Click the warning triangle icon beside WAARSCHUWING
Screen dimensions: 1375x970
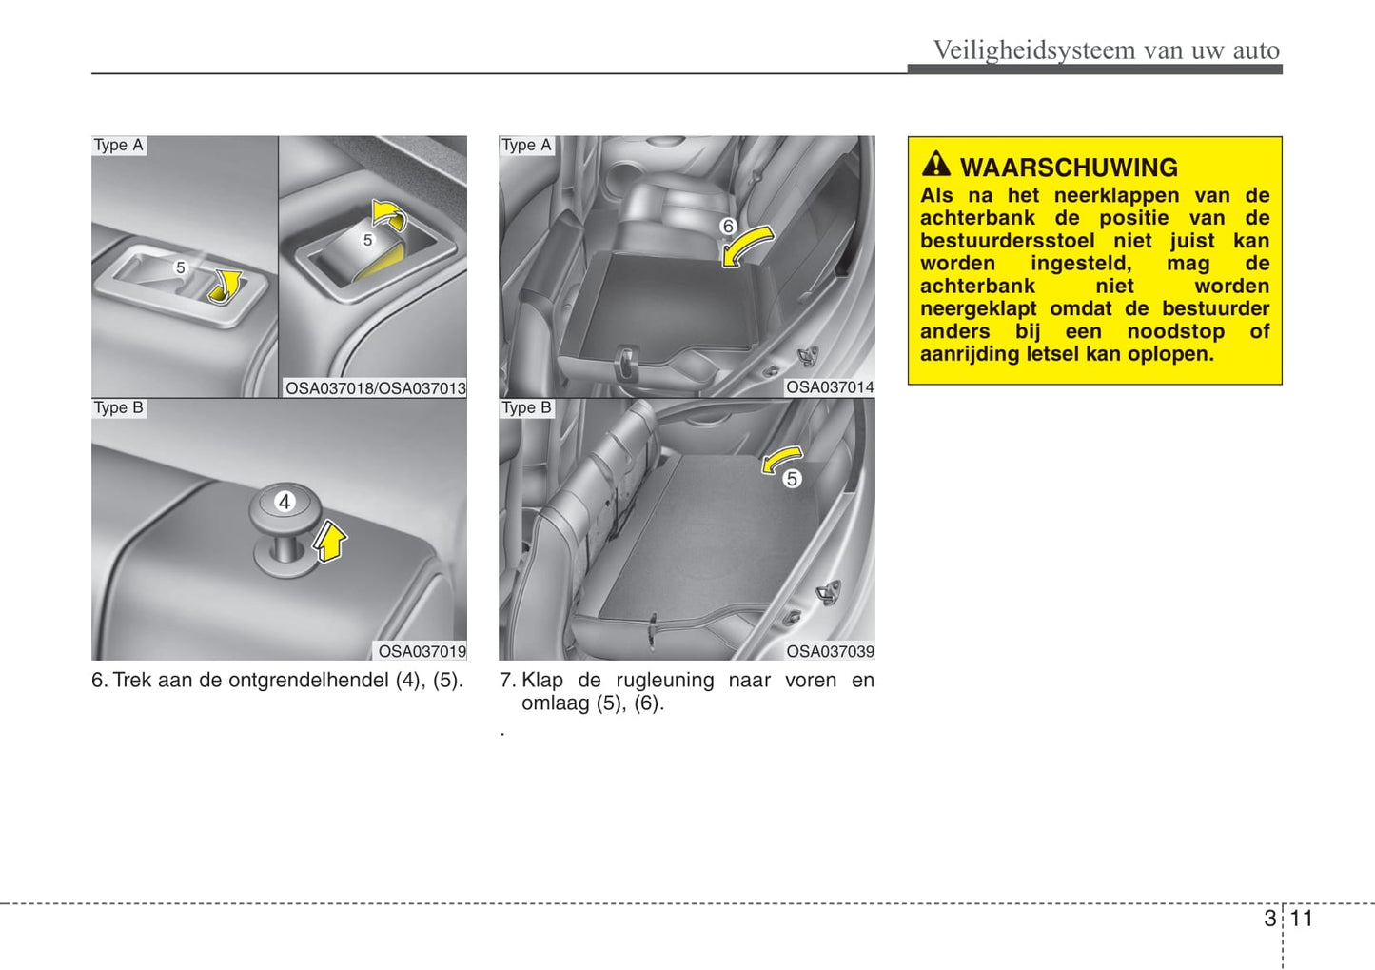tap(935, 164)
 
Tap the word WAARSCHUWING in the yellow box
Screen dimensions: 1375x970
tap(1069, 168)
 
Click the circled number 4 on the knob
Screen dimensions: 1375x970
tap(285, 502)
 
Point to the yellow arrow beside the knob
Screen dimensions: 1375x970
tap(329, 541)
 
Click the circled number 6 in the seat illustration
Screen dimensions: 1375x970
tap(727, 227)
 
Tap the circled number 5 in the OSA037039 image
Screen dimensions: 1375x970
tap(792, 478)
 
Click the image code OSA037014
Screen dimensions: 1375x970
tap(830, 387)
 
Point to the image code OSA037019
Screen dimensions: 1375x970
tap(422, 651)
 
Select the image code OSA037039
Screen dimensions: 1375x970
tap(830, 651)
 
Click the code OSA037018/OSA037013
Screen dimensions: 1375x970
tap(376, 388)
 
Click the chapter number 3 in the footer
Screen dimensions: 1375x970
tap(1270, 919)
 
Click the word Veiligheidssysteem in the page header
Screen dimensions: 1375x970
tap(1034, 49)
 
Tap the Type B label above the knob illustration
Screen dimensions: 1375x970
tap(119, 407)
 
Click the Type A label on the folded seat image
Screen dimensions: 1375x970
tap(526, 145)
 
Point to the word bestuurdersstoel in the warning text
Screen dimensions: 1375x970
tap(1008, 240)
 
